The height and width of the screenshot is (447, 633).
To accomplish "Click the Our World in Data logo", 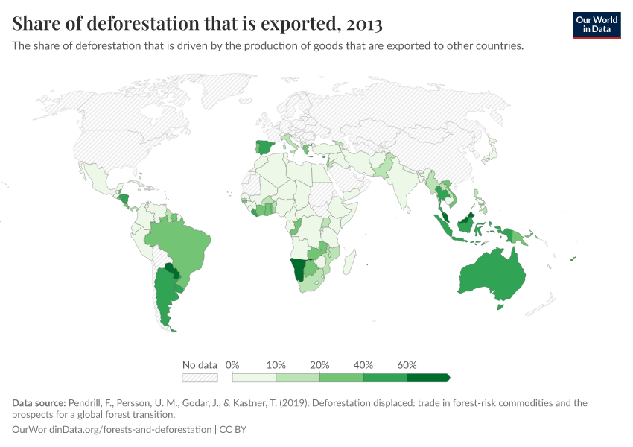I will click(596, 25).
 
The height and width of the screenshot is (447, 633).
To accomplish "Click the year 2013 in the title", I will click(364, 24).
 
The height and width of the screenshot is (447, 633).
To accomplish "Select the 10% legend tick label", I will click(276, 365).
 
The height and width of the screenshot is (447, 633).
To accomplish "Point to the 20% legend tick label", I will click(319, 365).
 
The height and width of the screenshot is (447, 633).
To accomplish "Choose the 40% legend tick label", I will click(363, 365).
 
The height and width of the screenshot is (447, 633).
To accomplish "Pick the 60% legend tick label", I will click(407, 365).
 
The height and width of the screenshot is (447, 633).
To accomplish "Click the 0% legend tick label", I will click(232, 365).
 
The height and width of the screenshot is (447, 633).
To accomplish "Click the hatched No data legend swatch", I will click(200, 378).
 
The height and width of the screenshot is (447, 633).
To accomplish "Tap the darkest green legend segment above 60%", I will click(428, 378).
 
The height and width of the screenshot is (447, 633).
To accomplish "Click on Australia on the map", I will click(492, 276).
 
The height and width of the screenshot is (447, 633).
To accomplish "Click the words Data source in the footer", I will click(38, 403).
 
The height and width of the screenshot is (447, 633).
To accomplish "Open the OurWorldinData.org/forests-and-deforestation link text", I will click(111, 430).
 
